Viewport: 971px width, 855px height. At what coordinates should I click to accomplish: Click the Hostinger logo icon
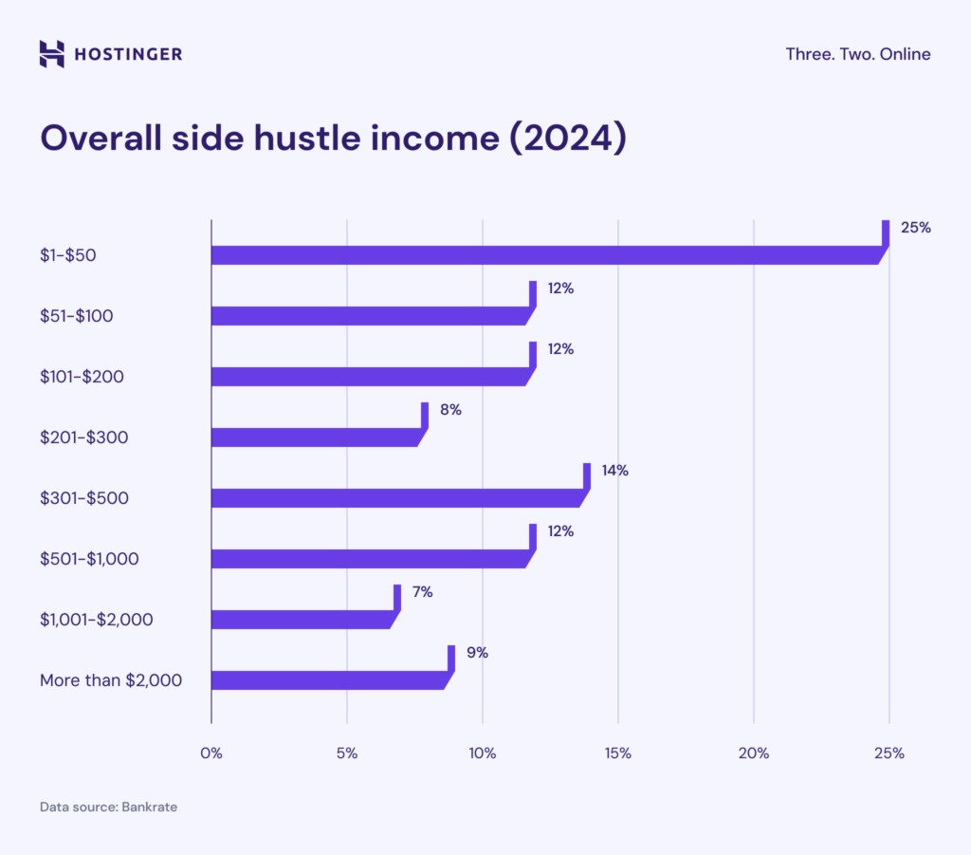(52, 54)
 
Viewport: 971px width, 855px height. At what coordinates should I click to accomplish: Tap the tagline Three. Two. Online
(857, 54)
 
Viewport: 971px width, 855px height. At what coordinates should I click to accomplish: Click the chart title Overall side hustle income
(333, 138)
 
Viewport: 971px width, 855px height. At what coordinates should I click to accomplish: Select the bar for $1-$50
(545, 254)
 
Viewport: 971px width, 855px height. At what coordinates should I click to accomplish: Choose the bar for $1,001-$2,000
(301, 619)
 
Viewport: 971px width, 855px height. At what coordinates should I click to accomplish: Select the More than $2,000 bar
(328, 679)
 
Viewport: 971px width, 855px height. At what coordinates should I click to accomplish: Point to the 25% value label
(915, 228)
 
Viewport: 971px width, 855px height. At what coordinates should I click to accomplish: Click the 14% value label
(614, 471)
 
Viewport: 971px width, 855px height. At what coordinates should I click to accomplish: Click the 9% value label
(476, 653)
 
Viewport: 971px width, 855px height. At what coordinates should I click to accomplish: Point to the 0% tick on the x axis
(211, 753)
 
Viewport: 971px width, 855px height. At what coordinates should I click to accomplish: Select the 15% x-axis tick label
(618, 753)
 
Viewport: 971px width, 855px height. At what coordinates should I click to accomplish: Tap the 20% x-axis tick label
(754, 753)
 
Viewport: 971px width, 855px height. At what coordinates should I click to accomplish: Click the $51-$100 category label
(77, 316)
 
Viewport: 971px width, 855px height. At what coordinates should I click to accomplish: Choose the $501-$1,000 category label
(89, 559)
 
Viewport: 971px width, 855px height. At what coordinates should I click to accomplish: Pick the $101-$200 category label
(82, 377)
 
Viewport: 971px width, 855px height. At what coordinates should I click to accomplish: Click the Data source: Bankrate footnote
(108, 808)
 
